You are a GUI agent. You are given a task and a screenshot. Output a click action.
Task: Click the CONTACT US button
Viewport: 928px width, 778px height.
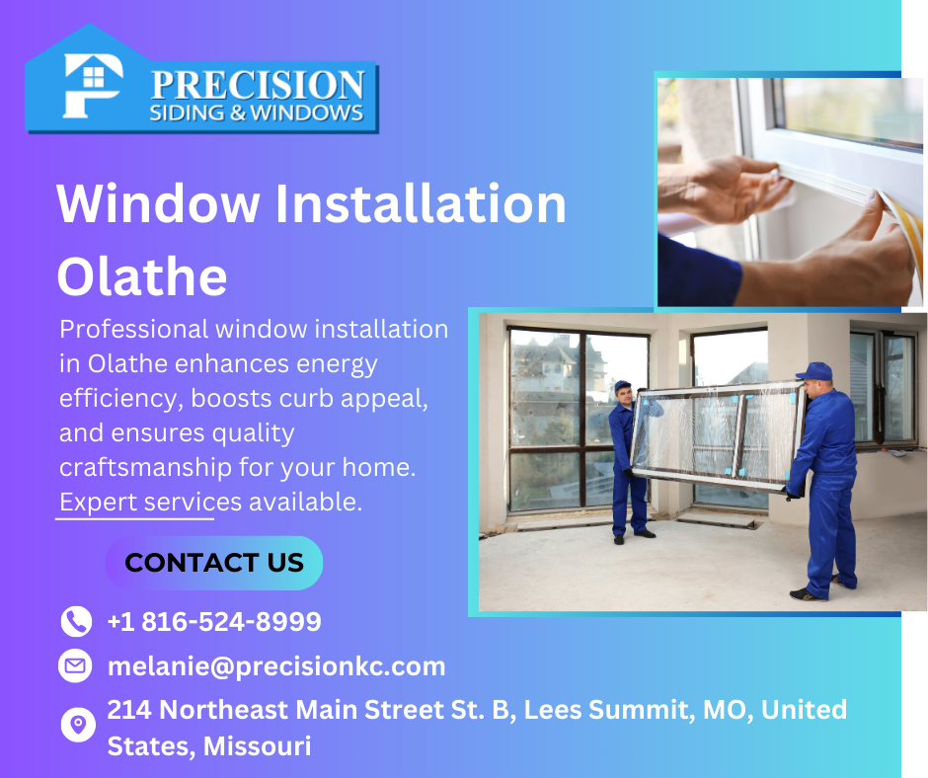214,563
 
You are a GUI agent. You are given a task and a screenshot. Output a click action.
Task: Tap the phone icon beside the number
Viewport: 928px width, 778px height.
76,621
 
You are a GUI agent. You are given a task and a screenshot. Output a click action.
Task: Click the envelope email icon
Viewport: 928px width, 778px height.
75,666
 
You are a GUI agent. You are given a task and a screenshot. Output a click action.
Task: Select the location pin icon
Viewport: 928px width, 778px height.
78,724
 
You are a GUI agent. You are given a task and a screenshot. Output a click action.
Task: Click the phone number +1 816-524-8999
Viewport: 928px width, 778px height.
214,622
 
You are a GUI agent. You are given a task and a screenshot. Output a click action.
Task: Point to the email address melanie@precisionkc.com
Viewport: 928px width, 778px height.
276,666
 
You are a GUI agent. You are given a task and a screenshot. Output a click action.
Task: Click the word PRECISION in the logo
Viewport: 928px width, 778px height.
258,85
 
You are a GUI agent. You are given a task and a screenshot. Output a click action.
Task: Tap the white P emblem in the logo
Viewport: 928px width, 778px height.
93,86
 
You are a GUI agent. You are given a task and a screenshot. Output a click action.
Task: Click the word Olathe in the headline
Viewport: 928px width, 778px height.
142,277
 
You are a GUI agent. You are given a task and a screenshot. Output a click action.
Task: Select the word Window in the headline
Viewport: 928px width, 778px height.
158,203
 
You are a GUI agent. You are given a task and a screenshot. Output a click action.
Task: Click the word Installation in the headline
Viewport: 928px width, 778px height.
421,203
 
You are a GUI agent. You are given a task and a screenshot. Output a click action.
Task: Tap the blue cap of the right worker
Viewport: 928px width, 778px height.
814,372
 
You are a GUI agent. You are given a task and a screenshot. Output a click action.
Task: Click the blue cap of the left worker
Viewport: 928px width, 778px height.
622,387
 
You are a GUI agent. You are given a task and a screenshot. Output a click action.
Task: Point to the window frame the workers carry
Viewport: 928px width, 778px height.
719,436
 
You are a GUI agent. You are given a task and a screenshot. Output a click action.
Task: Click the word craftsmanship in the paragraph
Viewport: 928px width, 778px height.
145,468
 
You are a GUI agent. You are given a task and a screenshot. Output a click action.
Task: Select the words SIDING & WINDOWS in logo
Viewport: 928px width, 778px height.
257,114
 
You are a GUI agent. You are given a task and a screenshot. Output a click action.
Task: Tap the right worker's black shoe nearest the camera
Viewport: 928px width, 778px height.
808,594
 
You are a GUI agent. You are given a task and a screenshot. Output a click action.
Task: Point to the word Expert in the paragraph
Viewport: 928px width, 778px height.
99,503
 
